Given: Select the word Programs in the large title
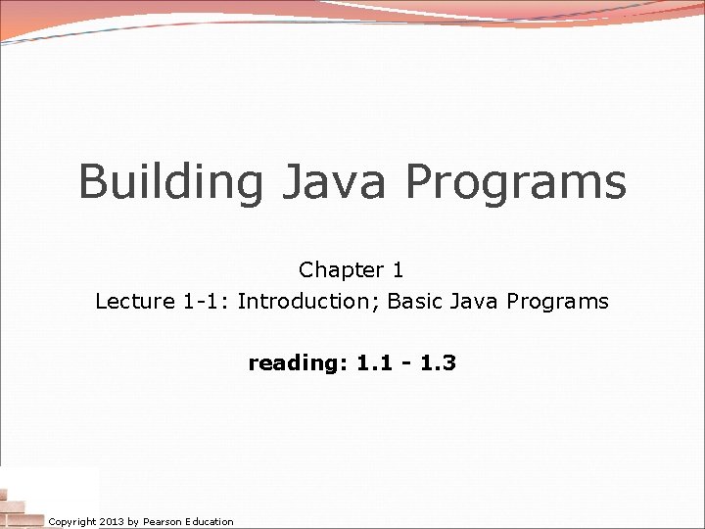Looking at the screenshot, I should (516, 182).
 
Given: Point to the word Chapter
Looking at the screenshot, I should (335, 269).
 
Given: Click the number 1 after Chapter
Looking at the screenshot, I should (397, 269).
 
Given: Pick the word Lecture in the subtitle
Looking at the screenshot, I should (135, 302).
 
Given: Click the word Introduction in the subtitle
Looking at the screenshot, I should (306, 302).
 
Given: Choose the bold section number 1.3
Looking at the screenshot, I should (436, 363).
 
